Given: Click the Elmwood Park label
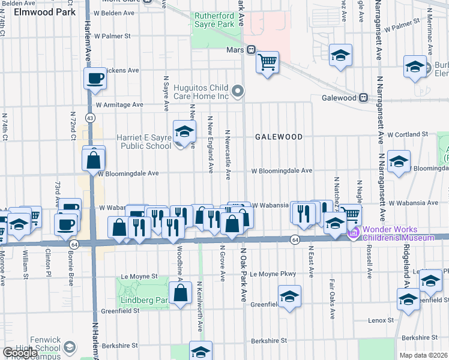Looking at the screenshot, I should click(x=41, y=12).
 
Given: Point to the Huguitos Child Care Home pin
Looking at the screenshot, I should click(x=238, y=92).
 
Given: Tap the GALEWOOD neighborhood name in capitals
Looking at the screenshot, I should click(x=279, y=137).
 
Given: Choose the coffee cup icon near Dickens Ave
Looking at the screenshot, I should click(x=95, y=77).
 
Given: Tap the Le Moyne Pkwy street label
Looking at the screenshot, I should click(x=273, y=274).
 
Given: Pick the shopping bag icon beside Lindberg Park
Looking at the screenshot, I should click(x=180, y=293).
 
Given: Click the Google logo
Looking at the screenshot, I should click(x=20, y=353).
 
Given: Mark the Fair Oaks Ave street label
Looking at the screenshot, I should click(x=332, y=299).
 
